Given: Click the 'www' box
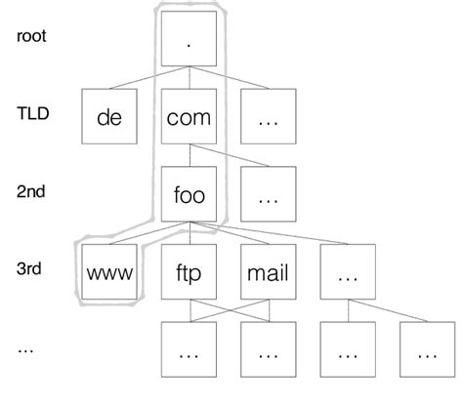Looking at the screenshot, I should point(108,274).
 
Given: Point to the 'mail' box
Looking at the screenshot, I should point(267,274).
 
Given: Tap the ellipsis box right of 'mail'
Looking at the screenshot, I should point(346,274).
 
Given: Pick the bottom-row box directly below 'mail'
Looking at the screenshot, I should point(267,353).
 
